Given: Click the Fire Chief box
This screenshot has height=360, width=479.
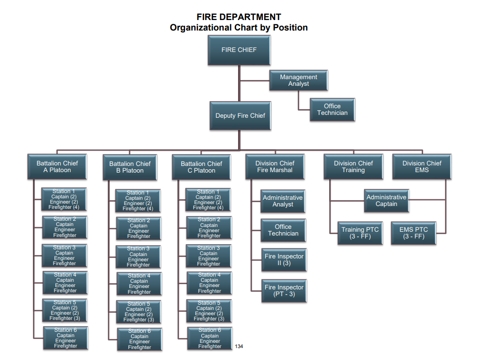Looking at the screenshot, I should point(239,50).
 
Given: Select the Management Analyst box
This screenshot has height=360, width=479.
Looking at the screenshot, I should point(299,81).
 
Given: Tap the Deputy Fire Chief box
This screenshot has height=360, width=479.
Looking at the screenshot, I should point(240,116).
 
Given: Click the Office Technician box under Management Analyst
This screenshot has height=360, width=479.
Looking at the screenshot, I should point(333,110).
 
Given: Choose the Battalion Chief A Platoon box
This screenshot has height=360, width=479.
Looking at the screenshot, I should point(57,167).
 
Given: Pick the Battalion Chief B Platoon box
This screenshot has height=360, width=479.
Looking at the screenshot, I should point(130,167).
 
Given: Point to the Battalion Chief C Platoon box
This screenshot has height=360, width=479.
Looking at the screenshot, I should point(201,167).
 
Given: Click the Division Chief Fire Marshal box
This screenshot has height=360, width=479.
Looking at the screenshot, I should point(275,167).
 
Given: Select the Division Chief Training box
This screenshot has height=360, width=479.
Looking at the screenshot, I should point(353,167).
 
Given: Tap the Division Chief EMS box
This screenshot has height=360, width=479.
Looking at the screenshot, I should point(422,167).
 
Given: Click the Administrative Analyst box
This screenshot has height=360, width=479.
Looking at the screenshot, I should point(283,201).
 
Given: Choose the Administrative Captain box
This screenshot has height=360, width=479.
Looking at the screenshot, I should point(386,201).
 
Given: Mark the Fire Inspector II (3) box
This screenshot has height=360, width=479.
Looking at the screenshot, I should point(284,260).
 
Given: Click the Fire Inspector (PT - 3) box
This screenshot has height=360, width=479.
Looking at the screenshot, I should point(284,291).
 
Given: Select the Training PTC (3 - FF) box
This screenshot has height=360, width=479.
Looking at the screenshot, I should point(360,233).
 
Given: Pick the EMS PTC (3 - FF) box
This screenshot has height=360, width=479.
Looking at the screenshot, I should point(414,233).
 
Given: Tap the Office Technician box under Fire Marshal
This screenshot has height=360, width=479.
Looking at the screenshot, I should point(283,230).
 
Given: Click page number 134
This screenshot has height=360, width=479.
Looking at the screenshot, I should point(239,346).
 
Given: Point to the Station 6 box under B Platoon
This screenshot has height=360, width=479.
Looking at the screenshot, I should point(140,339).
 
